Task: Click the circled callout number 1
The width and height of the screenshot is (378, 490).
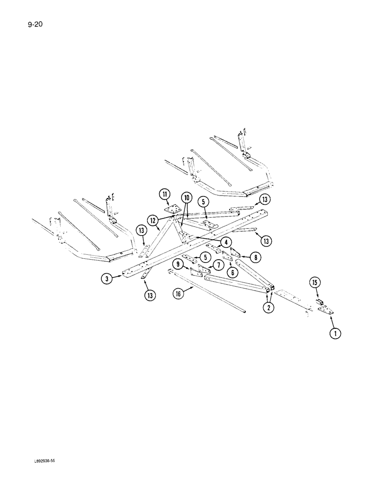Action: (335, 334)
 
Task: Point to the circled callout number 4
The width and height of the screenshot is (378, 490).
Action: (226, 242)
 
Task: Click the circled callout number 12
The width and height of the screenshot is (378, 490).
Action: (154, 220)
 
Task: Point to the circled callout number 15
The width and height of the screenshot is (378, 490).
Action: (314, 282)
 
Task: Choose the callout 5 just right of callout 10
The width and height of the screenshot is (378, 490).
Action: (202, 201)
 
